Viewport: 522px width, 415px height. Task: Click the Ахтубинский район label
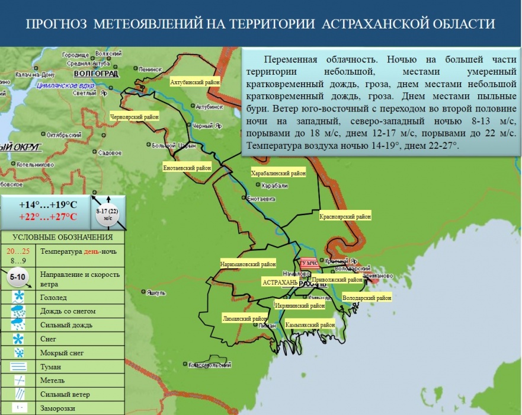click(194, 82)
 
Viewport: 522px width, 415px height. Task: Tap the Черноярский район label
click(134, 117)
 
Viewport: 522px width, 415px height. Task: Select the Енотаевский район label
click(187, 168)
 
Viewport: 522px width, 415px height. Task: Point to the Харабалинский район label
click(278, 174)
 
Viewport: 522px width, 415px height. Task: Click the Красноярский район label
click(345, 217)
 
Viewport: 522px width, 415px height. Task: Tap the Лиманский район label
click(245, 318)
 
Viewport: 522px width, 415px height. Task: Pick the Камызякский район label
click(310, 325)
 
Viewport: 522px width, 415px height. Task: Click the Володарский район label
click(367, 298)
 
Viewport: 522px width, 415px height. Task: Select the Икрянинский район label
click(300, 306)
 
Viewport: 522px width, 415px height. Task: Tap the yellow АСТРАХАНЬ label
click(280, 283)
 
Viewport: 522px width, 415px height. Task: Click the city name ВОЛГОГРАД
click(97, 74)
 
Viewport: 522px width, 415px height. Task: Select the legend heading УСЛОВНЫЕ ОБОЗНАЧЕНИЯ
click(62, 238)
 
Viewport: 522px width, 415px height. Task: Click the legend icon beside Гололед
click(19, 297)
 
